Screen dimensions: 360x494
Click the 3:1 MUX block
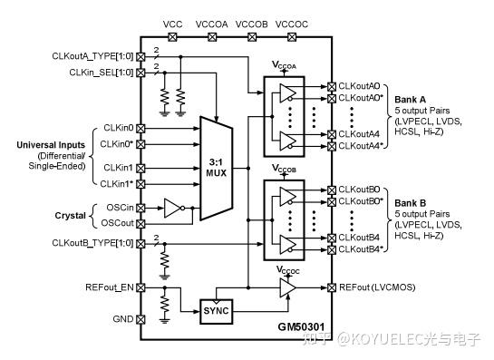click(217, 168)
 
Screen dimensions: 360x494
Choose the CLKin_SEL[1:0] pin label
click(94, 71)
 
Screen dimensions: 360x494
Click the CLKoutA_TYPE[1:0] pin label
click(91, 56)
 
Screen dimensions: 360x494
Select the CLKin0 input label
click(118, 128)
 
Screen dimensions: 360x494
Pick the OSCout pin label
click(115, 222)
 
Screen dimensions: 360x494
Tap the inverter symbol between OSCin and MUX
click(172, 209)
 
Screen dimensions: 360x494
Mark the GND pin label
click(121, 319)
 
